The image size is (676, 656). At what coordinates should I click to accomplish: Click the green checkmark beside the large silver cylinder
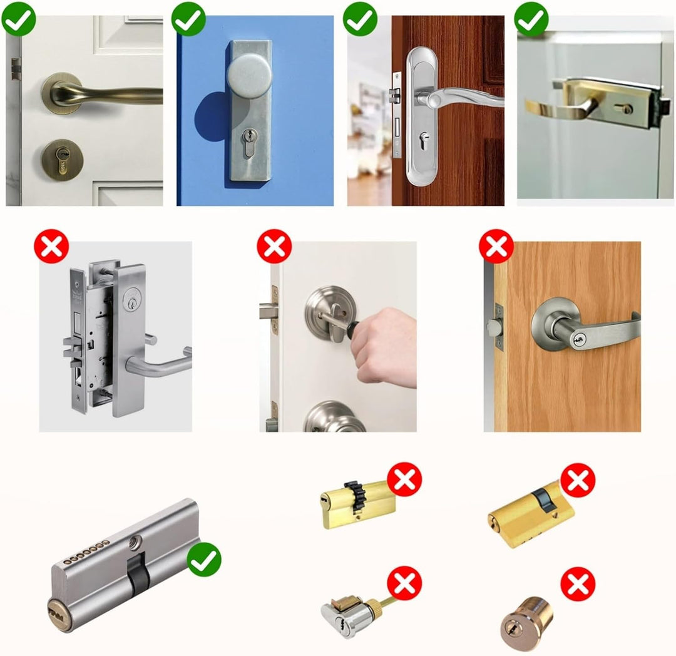204,560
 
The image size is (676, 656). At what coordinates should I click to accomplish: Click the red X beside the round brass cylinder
578,584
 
